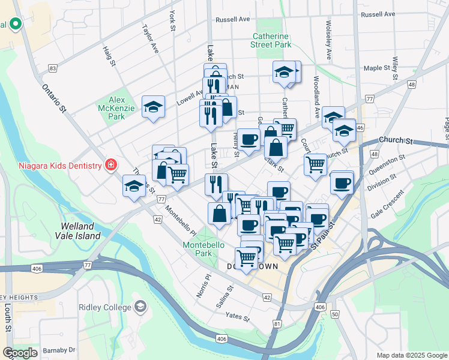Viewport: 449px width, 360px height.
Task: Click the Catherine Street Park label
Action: tap(271, 40)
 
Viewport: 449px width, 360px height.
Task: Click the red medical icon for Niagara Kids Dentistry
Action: tap(110, 164)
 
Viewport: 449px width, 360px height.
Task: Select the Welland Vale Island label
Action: tap(86, 231)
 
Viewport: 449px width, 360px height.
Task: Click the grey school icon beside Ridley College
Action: tap(140, 307)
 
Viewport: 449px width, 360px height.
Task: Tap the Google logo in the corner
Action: tap(20, 353)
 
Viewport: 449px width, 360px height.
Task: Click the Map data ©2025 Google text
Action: tap(412, 355)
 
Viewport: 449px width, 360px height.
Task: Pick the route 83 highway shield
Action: tap(53, 68)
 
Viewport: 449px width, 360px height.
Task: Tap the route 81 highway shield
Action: tap(277, 324)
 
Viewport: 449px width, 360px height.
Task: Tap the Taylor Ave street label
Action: tap(149, 38)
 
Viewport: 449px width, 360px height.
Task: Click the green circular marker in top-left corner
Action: tap(16, 25)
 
